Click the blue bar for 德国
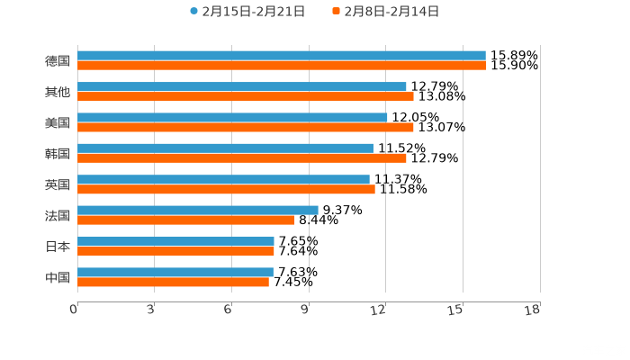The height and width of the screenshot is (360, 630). click(x=282, y=56)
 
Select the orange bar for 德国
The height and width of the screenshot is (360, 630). click(x=282, y=66)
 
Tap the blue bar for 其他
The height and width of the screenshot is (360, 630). click(x=242, y=87)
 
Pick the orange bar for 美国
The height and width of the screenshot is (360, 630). click(x=246, y=127)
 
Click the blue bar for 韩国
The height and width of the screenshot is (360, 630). click(x=225, y=148)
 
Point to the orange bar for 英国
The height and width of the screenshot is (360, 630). click(x=226, y=189)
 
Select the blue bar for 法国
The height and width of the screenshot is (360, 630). click(x=198, y=211)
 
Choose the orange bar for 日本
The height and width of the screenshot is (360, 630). click(x=175, y=251)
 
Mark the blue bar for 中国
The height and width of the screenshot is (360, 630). click(x=175, y=272)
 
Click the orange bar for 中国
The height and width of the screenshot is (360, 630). click(x=173, y=282)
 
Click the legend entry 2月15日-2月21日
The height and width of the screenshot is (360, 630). click(x=247, y=12)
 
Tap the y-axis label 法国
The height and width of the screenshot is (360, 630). click(x=58, y=215)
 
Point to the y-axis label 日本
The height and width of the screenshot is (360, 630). click(x=58, y=246)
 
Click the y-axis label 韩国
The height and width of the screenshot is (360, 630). click(x=58, y=153)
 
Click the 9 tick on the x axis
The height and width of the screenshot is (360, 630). click(x=305, y=310)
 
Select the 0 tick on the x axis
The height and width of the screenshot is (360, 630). click(x=74, y=310)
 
